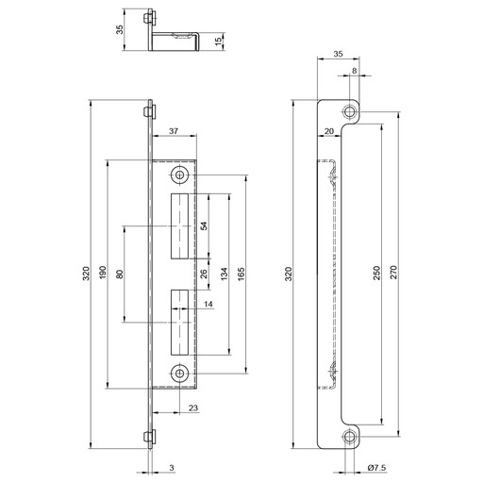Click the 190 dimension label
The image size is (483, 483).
click(x=103, y=274)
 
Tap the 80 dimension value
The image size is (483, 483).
click(x=120, y=275)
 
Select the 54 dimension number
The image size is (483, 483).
click(x=204, y=226)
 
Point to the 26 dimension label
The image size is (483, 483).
click(x=204, y=274)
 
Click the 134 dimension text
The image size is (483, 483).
click(x=224, y=274)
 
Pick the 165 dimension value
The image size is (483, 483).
click(x=241, y=274)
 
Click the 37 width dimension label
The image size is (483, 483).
click(x=174, y=131)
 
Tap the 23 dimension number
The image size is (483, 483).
click(x=193, y=408)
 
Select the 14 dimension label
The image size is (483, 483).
click(x=208, y=304)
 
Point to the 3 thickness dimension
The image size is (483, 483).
click(x=172, y=468)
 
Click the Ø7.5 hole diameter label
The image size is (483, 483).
click(x=376, y=468)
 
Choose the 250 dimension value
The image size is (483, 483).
click(x=376, y=273)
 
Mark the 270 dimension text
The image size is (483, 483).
click(x=394, y=273)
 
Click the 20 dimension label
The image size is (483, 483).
click(x=329, y=131)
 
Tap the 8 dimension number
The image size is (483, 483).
click(x=355, y=71)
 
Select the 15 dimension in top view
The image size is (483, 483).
click(x=219, y=42)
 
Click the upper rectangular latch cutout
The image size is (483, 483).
click(x=179, y=226)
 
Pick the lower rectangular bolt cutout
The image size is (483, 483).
click(x=179, y=323)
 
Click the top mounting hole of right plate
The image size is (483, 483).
click(x=349, y=111)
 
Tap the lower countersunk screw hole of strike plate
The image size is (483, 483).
click(x=179, y=374)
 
